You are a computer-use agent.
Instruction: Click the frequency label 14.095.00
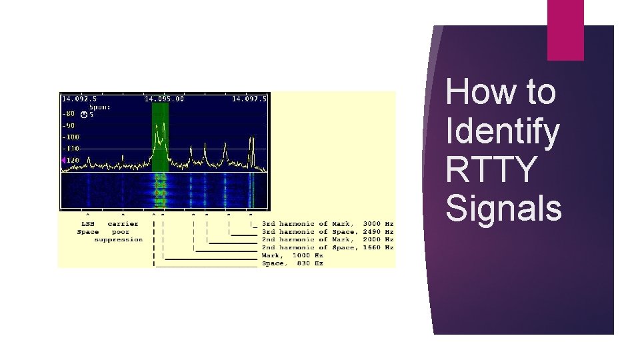164,99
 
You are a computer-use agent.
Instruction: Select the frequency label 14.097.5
249,99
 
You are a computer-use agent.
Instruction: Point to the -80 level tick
69,114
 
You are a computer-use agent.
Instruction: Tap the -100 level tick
70,137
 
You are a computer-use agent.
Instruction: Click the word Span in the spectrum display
101,107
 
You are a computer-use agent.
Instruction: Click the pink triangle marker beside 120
63,160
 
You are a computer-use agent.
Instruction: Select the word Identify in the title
503,131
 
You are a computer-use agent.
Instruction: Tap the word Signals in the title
504,207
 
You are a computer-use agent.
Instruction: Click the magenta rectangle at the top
565,29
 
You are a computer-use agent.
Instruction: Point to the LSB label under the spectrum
87,223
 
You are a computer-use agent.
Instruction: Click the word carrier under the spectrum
123,223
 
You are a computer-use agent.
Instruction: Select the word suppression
119,239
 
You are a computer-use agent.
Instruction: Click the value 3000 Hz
379,223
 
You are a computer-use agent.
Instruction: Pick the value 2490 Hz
379,231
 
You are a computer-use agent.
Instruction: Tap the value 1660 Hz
379,247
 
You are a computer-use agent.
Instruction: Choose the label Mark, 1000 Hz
293,255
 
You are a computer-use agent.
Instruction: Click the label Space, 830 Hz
293,263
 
